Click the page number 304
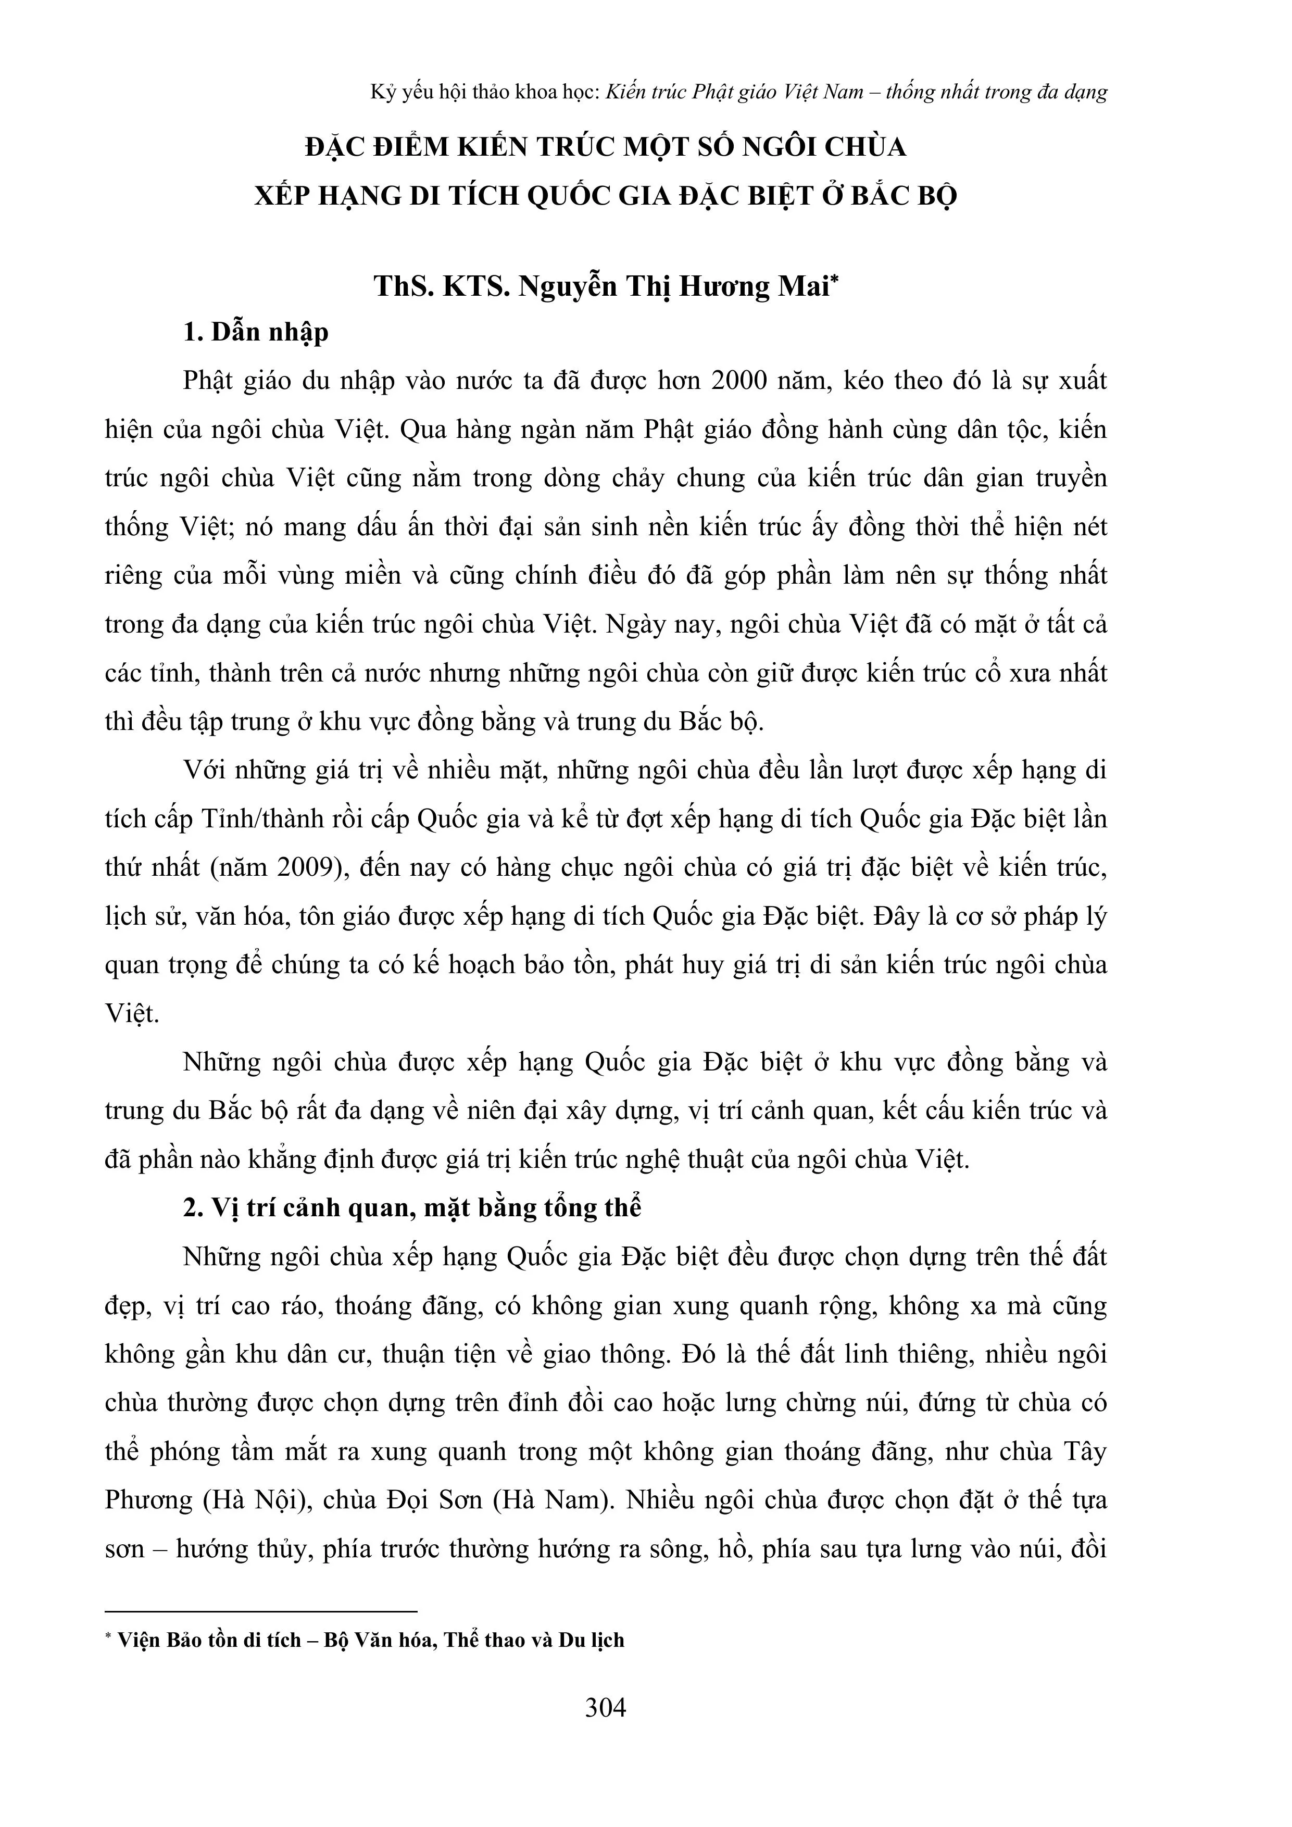coord(605,1708)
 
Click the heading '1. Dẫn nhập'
coord(256,332)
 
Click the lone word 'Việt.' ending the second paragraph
coord(132,1014)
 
